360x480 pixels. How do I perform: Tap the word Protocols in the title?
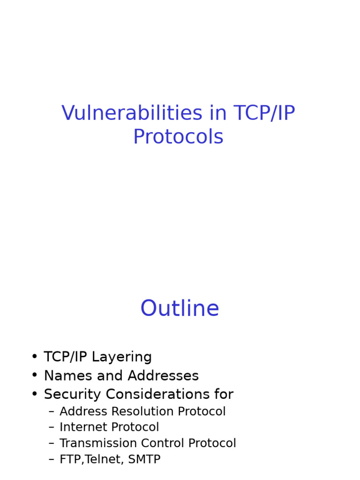tap(178, 137)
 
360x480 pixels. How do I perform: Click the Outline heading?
tap(180, 309)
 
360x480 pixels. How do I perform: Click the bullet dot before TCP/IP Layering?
tap(35, 357)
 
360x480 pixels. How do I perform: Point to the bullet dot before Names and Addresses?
tap(35, 376)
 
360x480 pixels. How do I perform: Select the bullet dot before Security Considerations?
tap(35, 395)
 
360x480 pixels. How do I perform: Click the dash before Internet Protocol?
tap(51, 427)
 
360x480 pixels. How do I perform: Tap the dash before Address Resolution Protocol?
tap(51, 412)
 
